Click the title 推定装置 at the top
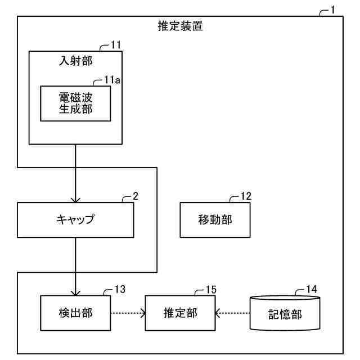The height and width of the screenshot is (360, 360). (180, 26)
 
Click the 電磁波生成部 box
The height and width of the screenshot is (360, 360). (75, 103)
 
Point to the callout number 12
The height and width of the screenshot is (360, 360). (245, 196)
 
